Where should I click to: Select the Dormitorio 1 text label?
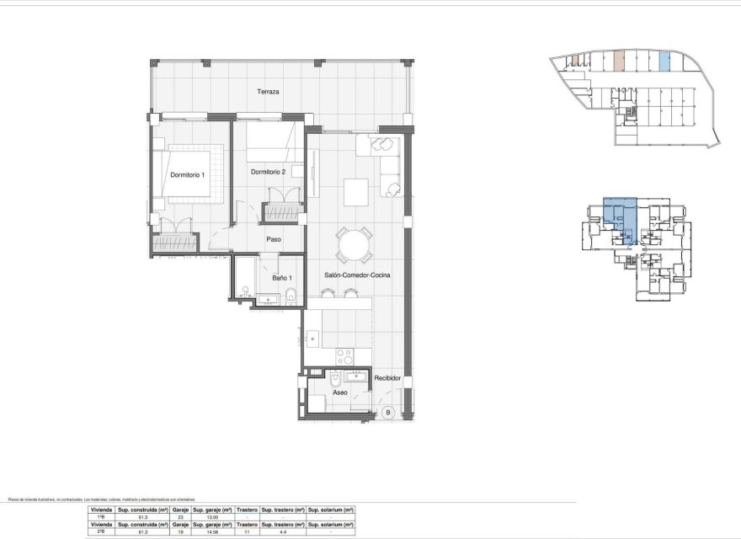(187, 174)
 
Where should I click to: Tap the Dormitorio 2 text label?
(269, 172)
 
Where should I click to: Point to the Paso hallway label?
(273, 239)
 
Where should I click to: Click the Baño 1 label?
(281, 278)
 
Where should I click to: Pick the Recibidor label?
(388, 378)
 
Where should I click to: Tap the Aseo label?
(340, 392)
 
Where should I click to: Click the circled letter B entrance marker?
(388, 412)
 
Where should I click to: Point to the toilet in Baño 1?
(291, 294)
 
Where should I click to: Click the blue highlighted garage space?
(664, 61)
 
